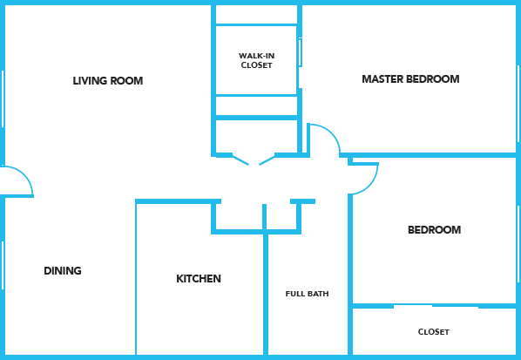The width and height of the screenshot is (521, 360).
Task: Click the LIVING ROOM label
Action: [x=108, y=81]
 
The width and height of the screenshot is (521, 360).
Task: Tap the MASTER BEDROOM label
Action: [x=410, y=79]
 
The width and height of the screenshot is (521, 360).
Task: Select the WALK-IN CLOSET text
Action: [x=256, y=60]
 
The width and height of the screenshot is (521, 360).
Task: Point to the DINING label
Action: [x=63, y=270]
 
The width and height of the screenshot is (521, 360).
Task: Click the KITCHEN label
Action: [x=199, y=279]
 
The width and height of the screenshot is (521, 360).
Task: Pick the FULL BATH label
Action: [x=307, y=294]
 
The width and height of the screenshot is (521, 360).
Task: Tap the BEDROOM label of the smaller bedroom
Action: [x=434, y=230]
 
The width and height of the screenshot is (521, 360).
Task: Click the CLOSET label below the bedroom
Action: [x=434, y=332]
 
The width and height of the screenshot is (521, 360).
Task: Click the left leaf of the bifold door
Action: [x=240, y=160]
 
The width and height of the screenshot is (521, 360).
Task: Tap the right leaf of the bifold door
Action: [x=267, y=160]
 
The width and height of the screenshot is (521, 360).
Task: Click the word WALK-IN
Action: [x=256, y=56]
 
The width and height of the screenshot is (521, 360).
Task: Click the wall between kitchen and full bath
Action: [x=266, y=294]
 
